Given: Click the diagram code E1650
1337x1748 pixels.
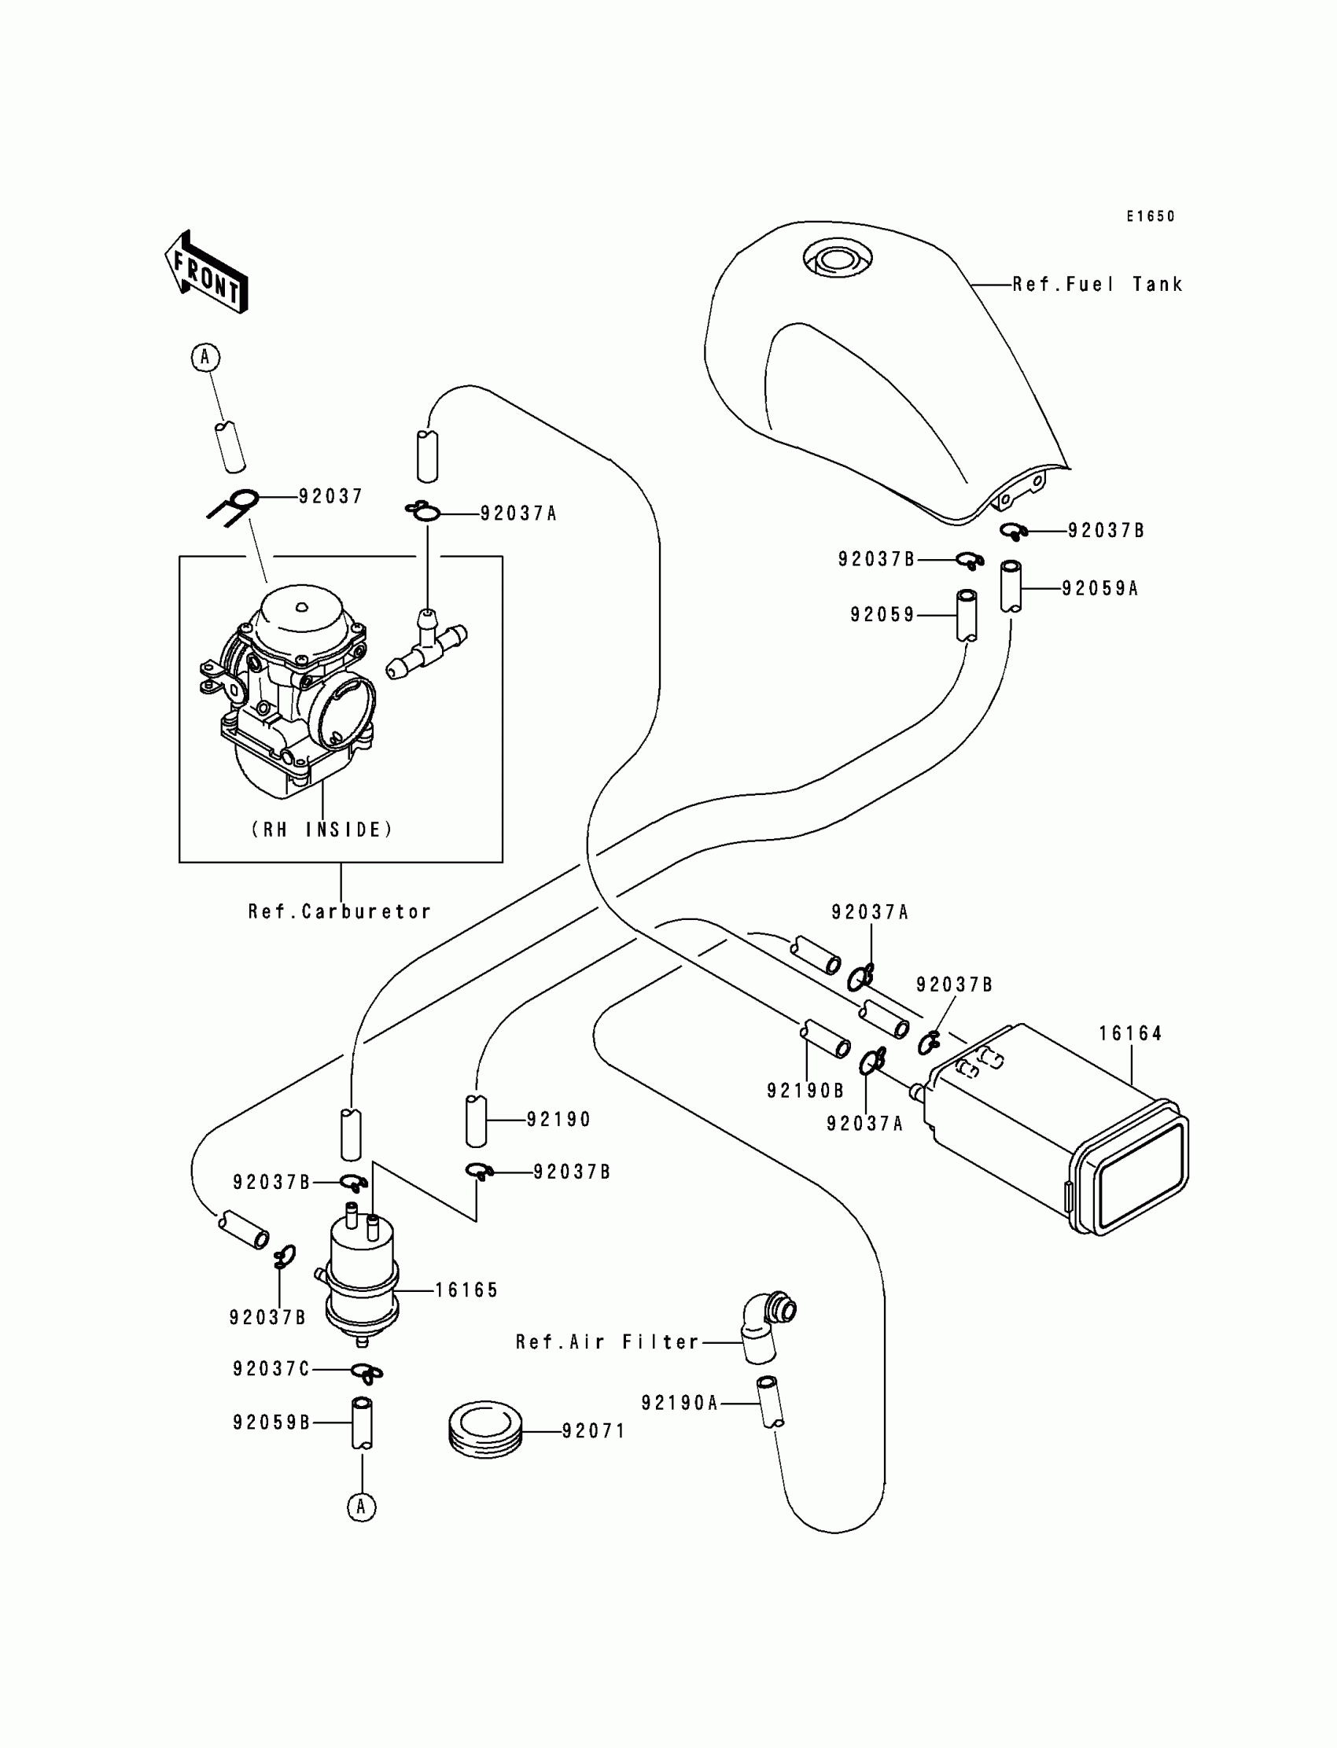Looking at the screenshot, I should tap(1150, 216).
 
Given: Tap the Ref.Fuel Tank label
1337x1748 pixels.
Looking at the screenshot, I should tap(1097, 284).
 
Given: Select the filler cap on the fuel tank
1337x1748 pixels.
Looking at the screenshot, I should tap(838, 259).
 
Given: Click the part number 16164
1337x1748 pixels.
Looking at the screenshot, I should tap(1130, 1033).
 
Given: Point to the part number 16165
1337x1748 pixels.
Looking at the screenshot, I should tap(466, 1290).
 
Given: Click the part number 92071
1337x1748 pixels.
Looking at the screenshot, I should tap(594, 1431).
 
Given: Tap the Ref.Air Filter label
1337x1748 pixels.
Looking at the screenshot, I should tap(607, 1342).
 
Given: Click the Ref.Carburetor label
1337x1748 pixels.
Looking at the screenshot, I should tap(340, 912).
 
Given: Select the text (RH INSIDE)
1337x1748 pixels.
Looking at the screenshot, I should tap(322, 830).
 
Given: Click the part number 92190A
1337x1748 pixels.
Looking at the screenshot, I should tap(680, 1403).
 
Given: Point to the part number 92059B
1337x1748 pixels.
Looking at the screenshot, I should tap(271, 1422).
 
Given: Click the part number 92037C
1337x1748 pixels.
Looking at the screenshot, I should tap(271, 1368).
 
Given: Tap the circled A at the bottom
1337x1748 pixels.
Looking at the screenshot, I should tap(361, 1506).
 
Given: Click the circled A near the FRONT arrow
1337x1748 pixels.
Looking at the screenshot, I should tap(205, 357).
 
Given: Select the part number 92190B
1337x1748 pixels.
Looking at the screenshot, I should tap(805, 1090).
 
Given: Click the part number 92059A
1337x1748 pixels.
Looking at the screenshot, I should tap(1099, 589).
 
